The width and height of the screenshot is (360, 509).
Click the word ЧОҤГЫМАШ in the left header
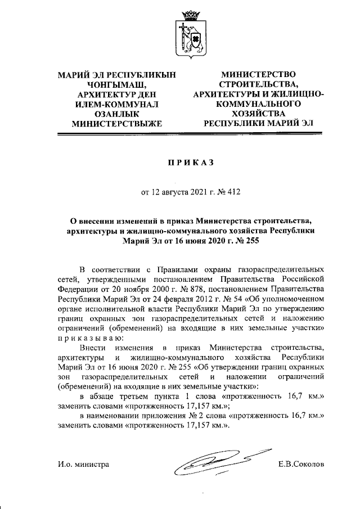[x=118, y=84]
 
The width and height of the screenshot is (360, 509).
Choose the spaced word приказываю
[x=86, y=337]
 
